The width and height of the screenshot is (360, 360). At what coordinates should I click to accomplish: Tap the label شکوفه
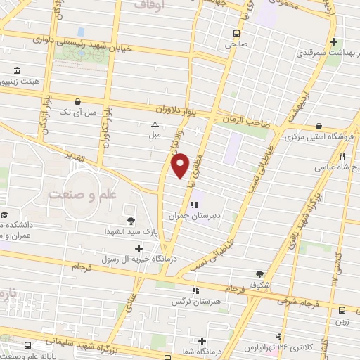pos(260,286)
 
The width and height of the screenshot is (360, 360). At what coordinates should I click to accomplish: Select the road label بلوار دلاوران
pos(176,109)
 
